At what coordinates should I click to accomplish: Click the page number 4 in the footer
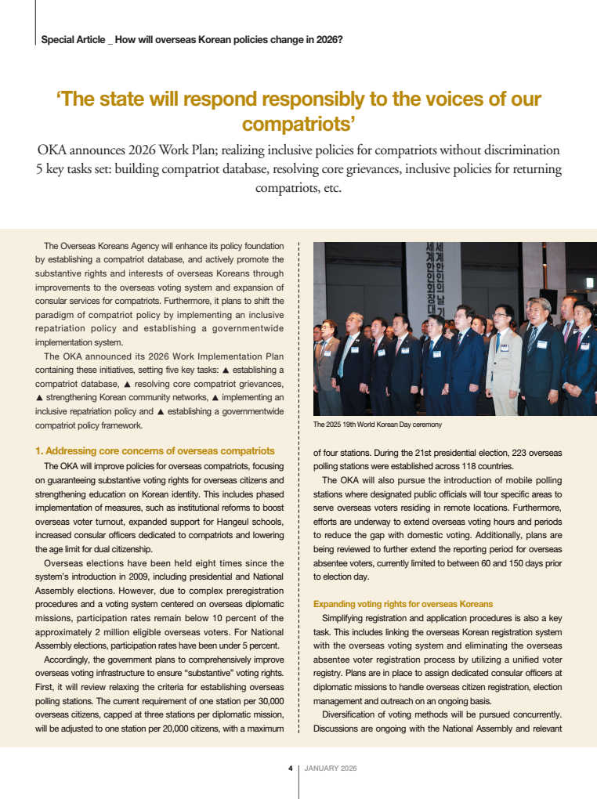click(290, 768)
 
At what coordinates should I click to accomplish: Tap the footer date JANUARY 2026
click(331, 768)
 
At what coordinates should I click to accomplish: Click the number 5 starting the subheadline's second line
click(39, 168)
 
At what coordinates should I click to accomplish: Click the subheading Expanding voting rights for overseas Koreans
click(403, 604)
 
